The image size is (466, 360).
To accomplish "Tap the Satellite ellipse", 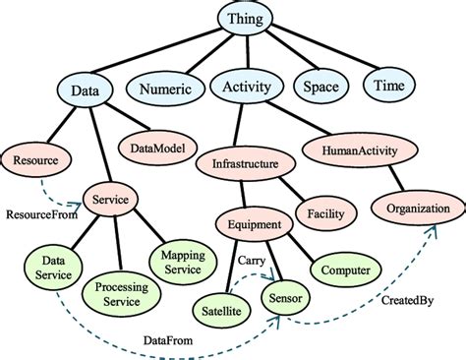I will pyautogui.click(x=226, y=308).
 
